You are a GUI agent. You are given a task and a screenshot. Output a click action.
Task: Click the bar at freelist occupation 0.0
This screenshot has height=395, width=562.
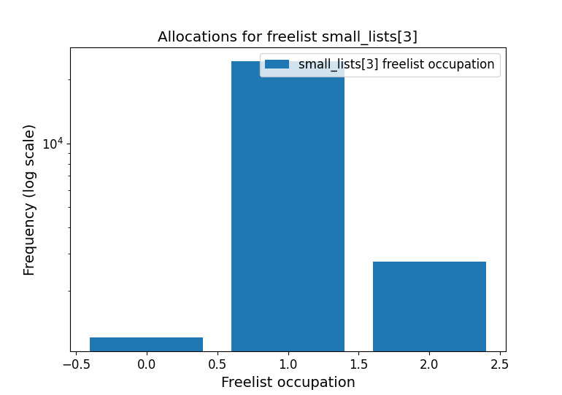(146, 345)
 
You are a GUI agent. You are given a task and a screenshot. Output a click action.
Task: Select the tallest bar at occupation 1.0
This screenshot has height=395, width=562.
(288, 211)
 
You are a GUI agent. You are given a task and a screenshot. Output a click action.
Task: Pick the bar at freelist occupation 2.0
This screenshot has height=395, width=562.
(429, 306)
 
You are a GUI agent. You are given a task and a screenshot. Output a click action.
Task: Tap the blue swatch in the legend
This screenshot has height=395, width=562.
(277, 64)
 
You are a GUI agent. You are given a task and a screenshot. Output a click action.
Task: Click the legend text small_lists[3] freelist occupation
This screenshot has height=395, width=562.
(396, 64)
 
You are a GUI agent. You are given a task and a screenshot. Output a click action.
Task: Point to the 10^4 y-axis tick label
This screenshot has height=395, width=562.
(52, 143)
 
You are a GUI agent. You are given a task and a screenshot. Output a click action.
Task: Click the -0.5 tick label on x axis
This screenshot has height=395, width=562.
(76, 363)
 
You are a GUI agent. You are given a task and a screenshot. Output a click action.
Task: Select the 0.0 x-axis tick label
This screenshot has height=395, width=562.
(146, 363)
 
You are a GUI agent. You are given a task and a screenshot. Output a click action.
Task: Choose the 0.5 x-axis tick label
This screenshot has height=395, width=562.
(217, 363)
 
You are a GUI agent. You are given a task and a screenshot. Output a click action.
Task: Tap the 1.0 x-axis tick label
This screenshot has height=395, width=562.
(288, 363)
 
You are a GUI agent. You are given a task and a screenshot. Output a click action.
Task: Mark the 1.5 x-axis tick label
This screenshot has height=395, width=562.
(358, 363)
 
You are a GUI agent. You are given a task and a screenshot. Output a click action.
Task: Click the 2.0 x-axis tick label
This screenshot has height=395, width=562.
(429, 363)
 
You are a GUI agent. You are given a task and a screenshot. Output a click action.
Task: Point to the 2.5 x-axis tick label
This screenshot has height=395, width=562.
(500, 363)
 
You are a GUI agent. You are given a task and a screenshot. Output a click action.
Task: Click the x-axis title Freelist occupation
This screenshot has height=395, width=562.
(288, 382)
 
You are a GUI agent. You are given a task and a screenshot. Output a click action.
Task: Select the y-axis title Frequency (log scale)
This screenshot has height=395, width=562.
(29, 200)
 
